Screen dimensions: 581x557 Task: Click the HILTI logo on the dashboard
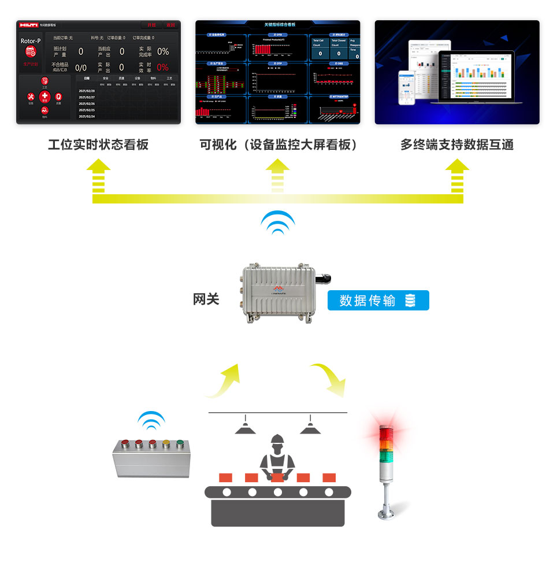point(29,25)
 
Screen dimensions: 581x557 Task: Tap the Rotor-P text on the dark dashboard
point(31,42)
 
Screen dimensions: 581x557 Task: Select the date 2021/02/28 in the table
point(87,91)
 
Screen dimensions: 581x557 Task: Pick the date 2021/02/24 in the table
point(87,116)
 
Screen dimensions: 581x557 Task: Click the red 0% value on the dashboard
point(162,68)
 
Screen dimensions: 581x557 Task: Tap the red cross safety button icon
point(44,96)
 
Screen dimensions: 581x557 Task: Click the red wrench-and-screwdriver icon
point(31,97)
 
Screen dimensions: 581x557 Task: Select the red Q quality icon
point(58,97)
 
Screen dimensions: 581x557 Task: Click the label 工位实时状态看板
point(98,145)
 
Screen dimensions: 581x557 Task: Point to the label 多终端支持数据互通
point(456,145)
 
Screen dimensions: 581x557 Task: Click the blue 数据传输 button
point(378,301)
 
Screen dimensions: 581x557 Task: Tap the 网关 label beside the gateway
point(206,299)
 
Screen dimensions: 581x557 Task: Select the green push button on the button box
point(180,445)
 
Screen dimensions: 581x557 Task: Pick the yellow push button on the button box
point(166,445)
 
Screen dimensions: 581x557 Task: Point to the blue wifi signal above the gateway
point(278,223)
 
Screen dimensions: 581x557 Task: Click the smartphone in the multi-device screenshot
point(407,87)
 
